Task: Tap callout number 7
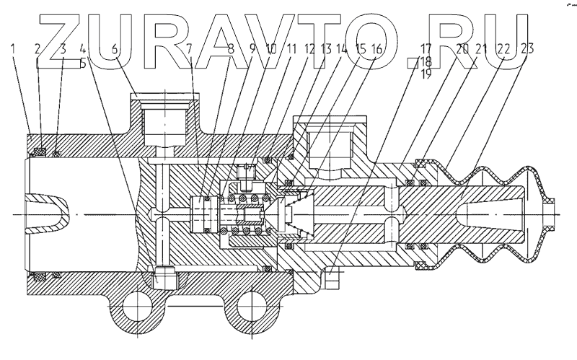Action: tap(189, 50)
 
